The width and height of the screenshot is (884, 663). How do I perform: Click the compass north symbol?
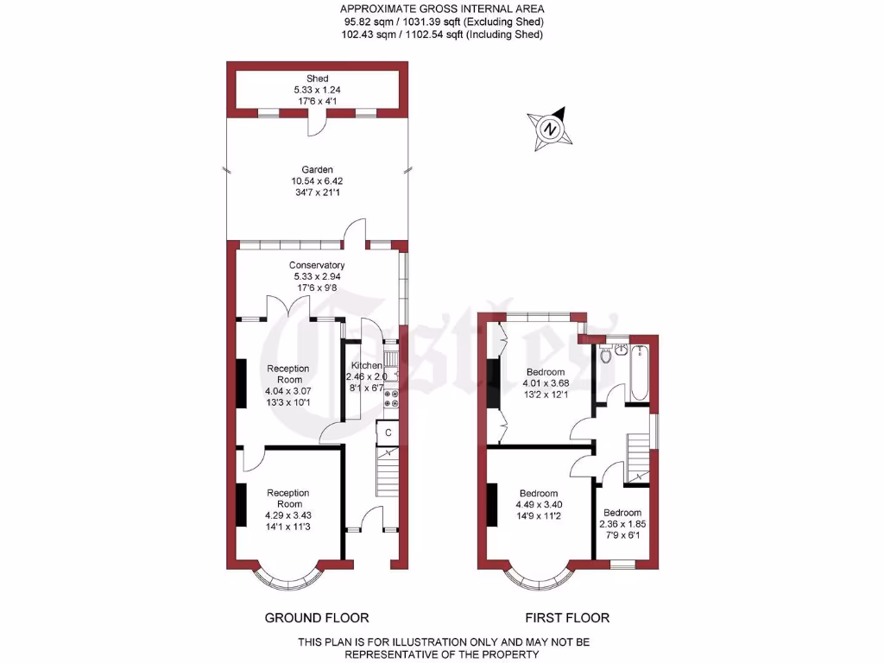point(549,128)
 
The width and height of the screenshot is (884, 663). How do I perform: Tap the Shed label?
point(317,79)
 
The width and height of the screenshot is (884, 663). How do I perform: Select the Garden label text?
point(317,170)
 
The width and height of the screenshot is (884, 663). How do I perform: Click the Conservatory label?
point(317,265)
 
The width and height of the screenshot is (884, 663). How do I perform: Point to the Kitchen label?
point(366,366)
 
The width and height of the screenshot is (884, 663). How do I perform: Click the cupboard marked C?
point(388,432)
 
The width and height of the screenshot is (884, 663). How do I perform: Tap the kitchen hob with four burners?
point(391,398)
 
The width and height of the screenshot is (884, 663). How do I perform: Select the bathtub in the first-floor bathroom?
point(639,369)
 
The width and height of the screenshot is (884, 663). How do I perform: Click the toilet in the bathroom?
point(606,355)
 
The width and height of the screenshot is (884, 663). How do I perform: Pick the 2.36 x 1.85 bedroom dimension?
point(622,523)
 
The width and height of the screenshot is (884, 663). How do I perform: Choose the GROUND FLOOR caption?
point(317,617)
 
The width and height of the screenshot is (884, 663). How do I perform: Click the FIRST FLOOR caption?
point(567,617)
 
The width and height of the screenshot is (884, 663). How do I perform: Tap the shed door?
point(317,125)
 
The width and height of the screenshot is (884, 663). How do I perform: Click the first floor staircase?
point(636,453)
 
